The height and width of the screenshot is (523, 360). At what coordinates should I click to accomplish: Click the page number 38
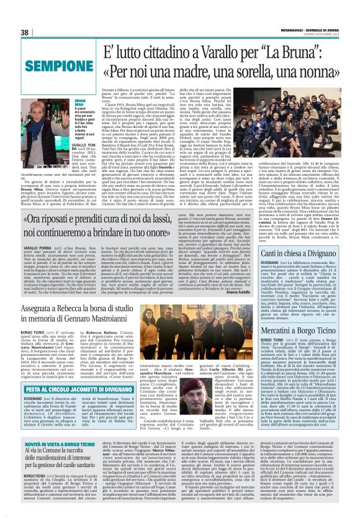click(25, 32)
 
